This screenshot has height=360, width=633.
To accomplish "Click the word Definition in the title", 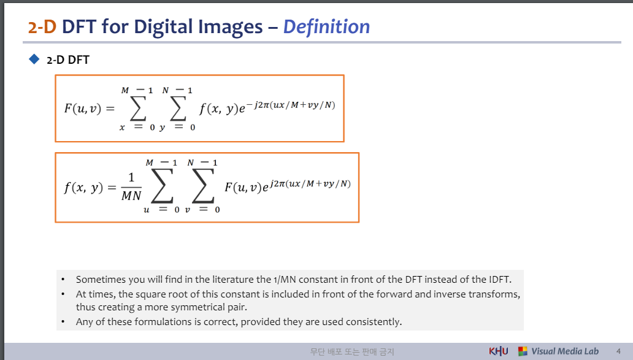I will [326, 27].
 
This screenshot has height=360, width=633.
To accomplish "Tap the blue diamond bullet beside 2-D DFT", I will [34, 59].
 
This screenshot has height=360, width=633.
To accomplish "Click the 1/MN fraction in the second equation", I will [131, 187].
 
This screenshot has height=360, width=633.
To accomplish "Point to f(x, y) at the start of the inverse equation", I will [83, 188].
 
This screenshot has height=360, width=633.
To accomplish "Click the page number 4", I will [618, 351].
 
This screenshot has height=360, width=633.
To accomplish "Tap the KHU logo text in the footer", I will [498, 351].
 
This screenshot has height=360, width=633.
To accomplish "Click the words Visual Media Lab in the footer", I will [565, 351].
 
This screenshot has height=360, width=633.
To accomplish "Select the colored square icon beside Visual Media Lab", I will [523, 351].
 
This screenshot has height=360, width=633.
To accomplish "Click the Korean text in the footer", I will [352, 352].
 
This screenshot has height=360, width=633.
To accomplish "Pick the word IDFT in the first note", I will [497, 279].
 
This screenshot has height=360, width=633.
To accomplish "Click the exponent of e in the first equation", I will [294, 104].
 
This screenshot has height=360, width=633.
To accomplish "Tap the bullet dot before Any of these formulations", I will [63, 321].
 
